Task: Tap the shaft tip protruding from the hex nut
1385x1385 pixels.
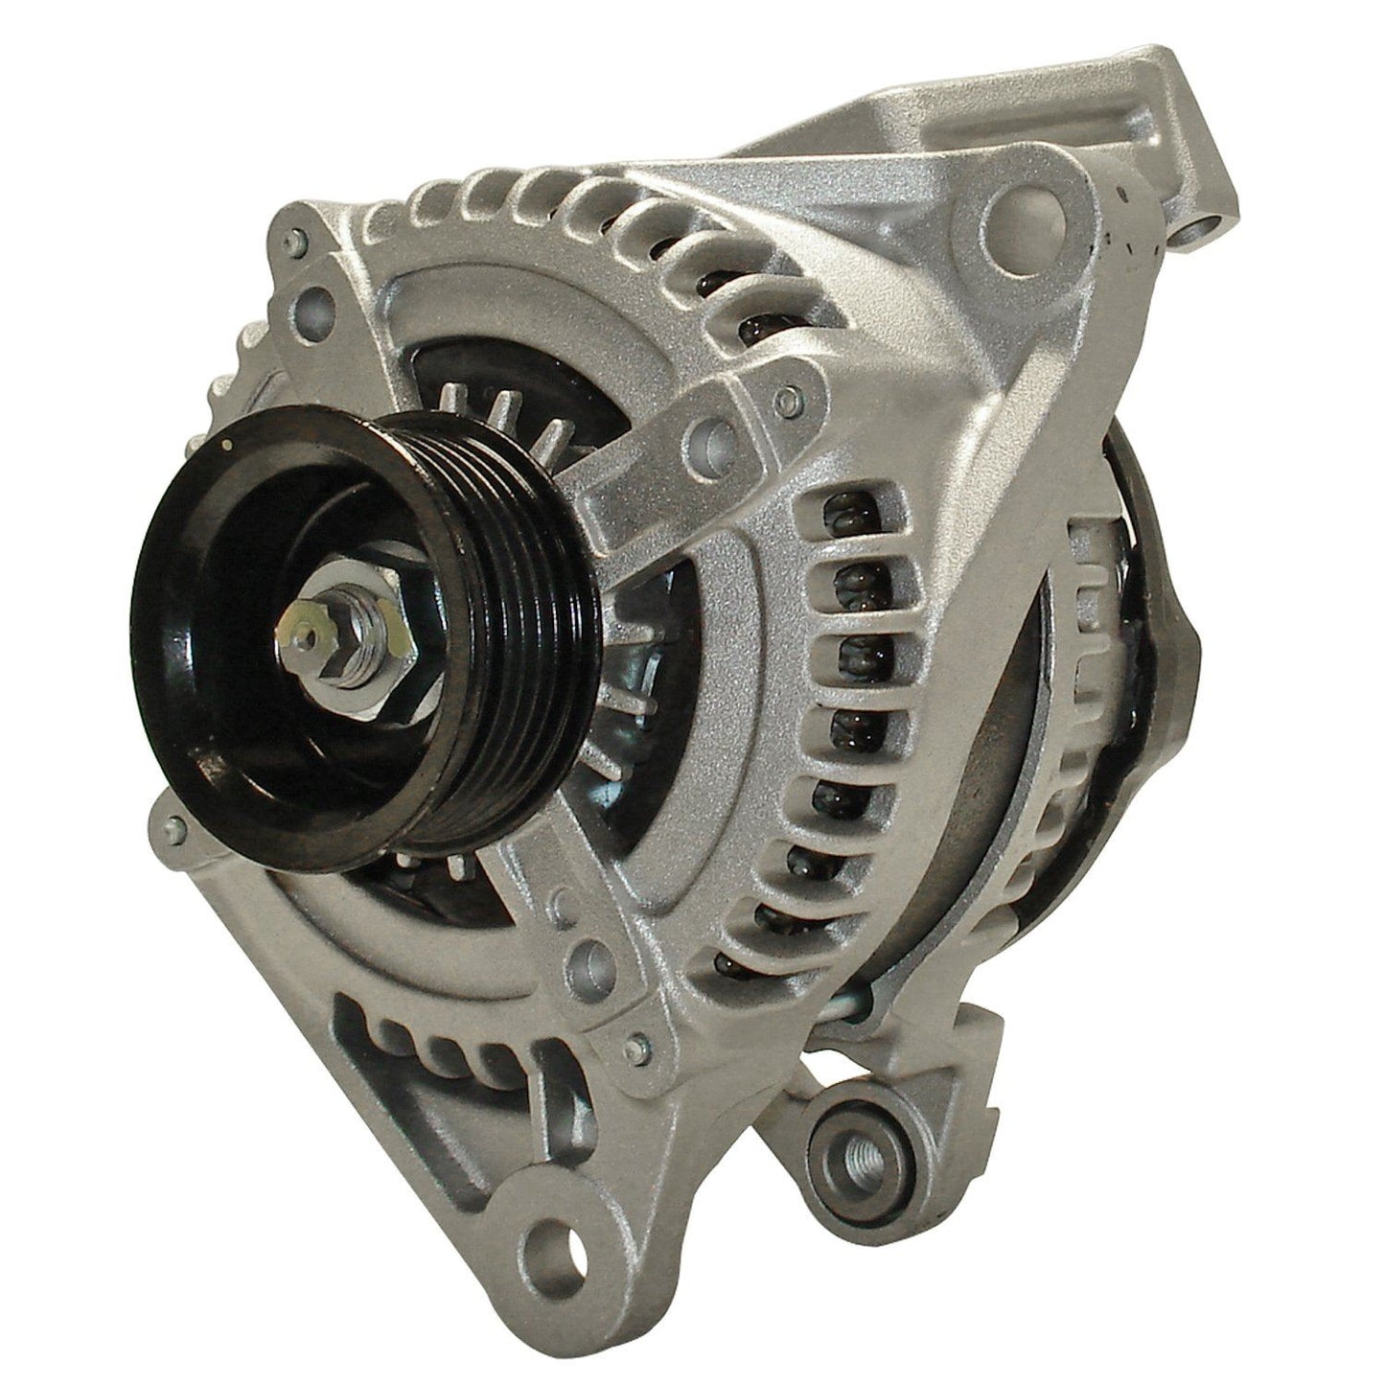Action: (305, 634)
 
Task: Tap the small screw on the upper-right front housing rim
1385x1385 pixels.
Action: (788, 396)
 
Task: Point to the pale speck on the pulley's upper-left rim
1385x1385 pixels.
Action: (228, 445)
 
